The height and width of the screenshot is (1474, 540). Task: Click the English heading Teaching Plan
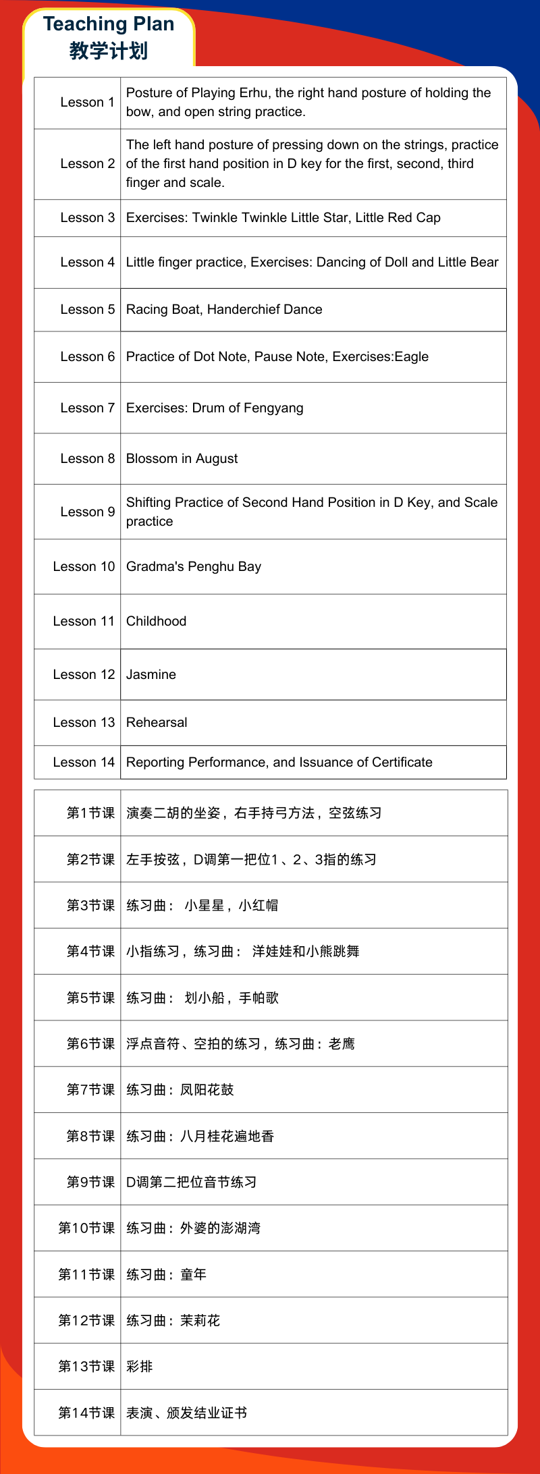109,24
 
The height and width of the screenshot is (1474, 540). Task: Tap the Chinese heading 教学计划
109,51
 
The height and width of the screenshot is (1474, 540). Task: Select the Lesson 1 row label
87,102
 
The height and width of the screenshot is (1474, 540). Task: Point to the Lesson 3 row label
87,217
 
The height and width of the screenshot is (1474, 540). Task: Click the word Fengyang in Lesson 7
275,408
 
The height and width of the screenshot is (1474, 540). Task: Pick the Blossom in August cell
182,458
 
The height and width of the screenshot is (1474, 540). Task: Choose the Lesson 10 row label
84,566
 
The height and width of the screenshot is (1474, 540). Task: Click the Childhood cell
156,621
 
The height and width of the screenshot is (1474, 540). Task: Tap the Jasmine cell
151,674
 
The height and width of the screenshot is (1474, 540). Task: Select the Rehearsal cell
157,722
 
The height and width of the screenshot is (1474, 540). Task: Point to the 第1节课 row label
90,813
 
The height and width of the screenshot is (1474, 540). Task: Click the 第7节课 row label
90,1089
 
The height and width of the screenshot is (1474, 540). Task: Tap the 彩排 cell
140,1366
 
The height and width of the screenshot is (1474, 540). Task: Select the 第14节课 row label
86,1413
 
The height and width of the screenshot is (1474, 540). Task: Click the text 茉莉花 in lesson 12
200,1320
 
